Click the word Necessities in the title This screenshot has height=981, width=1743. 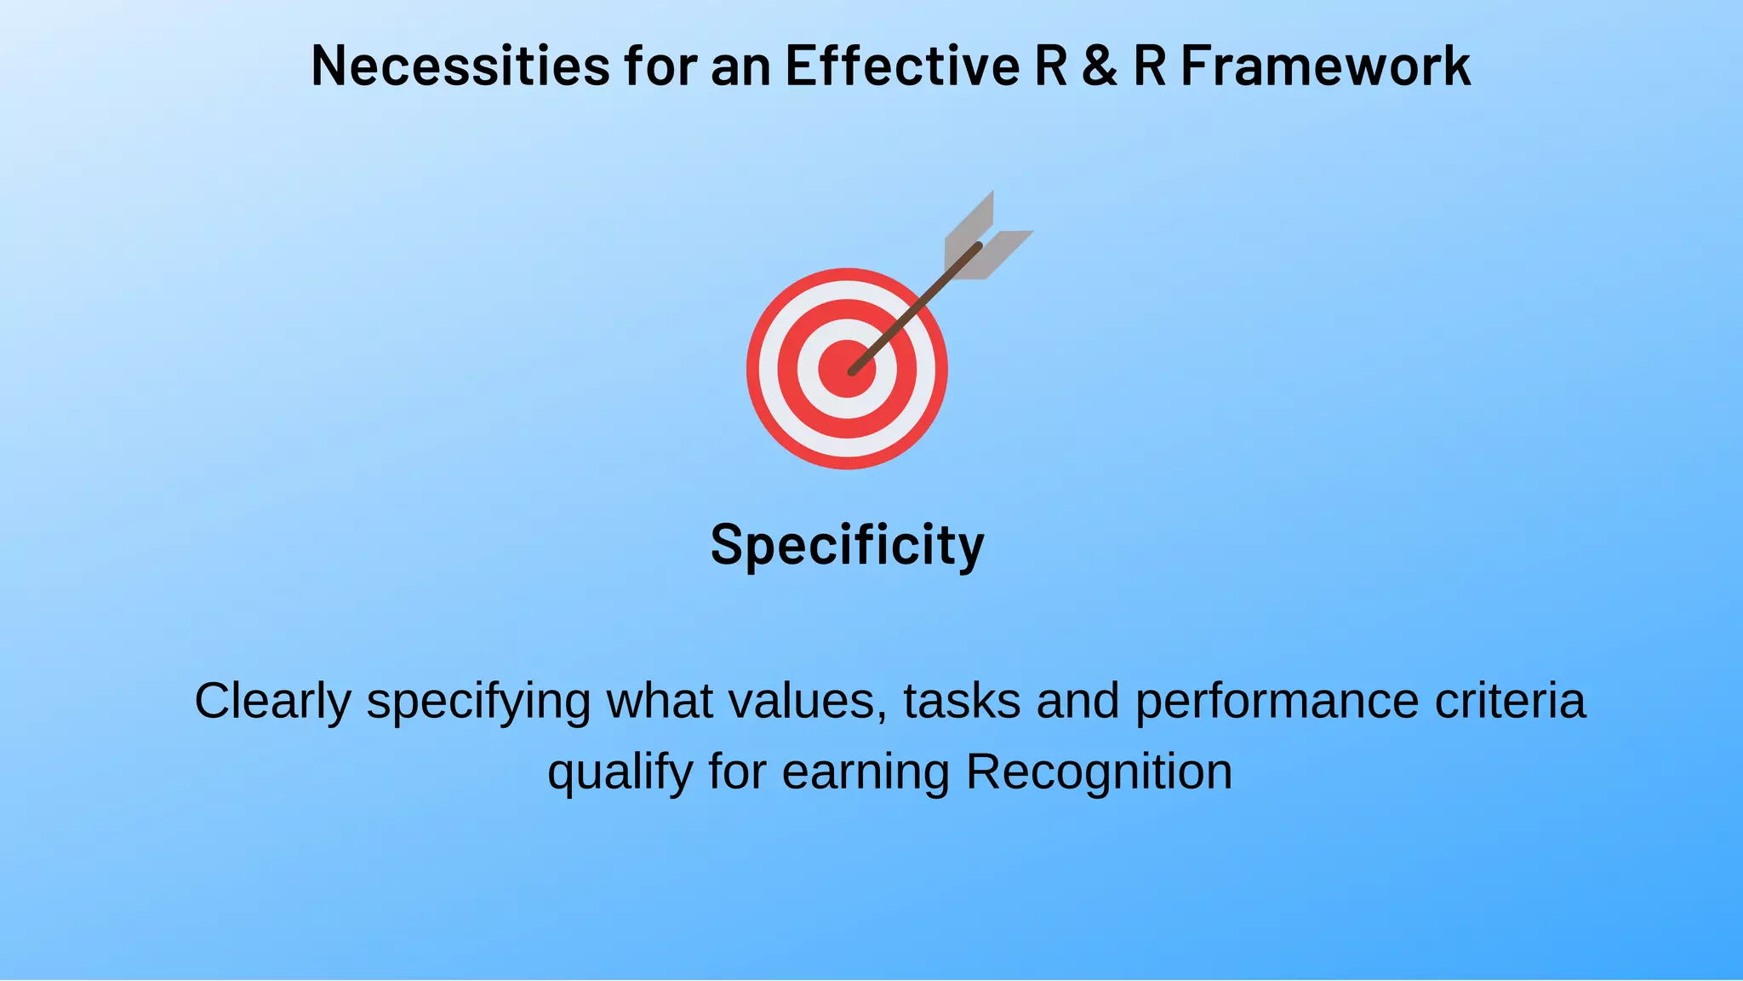point(460,66)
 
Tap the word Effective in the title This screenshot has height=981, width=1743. point(902,66)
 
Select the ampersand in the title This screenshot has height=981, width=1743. point(1100,66)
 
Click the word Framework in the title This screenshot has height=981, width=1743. point(1326,66)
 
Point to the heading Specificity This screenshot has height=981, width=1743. point(847,545)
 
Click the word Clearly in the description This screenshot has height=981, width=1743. point(272,702)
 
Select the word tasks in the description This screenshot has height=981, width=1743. point(962,702)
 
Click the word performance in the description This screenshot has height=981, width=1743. point(1277,702)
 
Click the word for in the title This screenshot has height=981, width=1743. point(660,66)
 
